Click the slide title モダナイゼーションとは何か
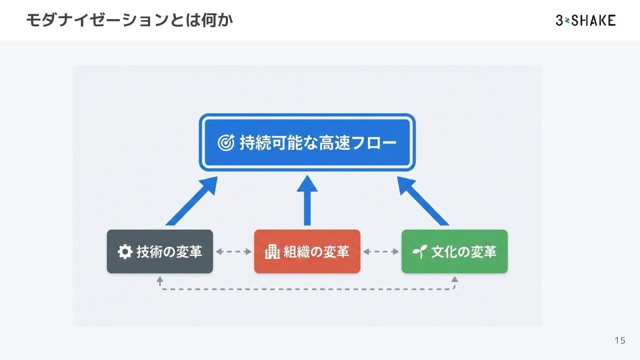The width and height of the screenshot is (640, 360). pyautogui.click(x=129, y=20)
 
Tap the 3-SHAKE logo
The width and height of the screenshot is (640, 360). pyautogui.click(x=585, y=20)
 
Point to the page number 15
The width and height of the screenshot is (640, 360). pyautogui.click(x=620, y=340)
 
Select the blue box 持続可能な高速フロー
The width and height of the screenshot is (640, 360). pyautogui.click(x=307, y=143)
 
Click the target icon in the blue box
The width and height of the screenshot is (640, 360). pyautogui.click(x=226, y=143)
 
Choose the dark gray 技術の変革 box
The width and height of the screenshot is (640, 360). pyautogui.click(x=160, y=252)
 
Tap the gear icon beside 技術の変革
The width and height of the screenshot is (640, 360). pyautogui.click(x=125, y=252)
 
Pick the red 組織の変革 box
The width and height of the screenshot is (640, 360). pyautogui.click(x=307, y=252)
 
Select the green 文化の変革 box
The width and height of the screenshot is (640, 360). pyautogui.click(x=454, y=252)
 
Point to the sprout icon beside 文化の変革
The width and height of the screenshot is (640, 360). pyautogui.click(x=420, y=252)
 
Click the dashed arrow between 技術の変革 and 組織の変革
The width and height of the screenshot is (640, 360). pyautogui.click(x=234, y=252)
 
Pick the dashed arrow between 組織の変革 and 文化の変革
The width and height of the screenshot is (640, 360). pyautogui.click(x=381, y=252)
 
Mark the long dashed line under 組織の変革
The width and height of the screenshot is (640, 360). pyautogui.click(x=307, y=289)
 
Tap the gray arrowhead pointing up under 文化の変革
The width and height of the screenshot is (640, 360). pyautogui.click(x=454, y=280)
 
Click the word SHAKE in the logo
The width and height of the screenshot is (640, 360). pyautogui.click(x=594, y=20)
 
